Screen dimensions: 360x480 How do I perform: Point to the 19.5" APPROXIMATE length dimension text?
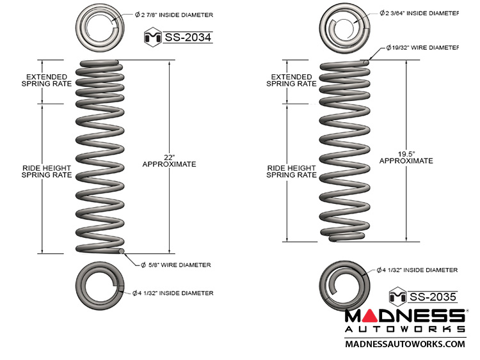tap(406, 157)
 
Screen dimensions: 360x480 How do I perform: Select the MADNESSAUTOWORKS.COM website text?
tap(404, 344)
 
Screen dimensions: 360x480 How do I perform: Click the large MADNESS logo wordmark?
tap(404, 316)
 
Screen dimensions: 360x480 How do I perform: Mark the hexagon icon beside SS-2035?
tap(398, 295)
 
